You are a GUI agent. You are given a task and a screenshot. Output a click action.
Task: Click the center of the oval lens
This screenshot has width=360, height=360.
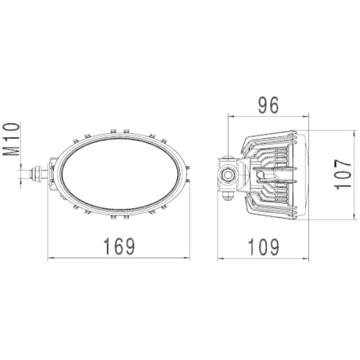(120, 174)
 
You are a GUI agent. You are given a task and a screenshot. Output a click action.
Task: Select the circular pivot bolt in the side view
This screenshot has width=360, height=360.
(229, 174)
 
